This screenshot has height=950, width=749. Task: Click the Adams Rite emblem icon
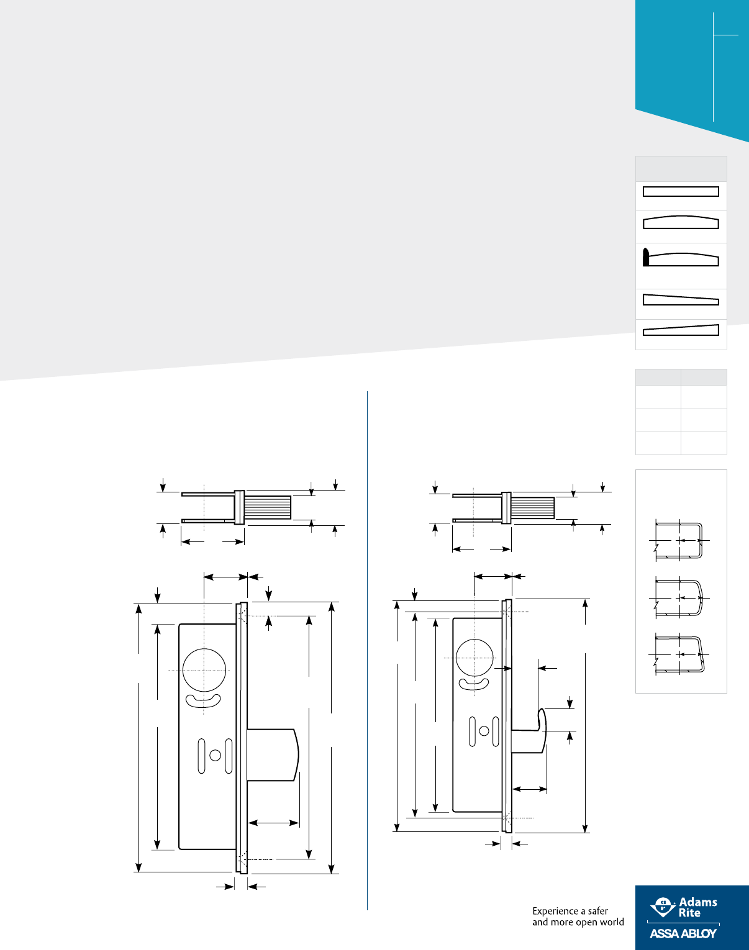click(663, 907)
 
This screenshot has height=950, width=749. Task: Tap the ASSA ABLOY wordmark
click(683, 933)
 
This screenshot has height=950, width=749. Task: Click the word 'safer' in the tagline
click(597, 911)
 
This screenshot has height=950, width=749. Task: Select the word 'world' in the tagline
click(612, 922)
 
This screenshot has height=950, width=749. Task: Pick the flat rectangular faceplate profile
click(681, 191)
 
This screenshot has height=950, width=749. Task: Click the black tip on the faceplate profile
click(646, 257)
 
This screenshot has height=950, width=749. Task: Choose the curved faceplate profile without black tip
click(681, 222)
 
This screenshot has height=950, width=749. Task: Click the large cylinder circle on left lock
click(204, 670)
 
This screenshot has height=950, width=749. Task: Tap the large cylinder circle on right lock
click(475, 658)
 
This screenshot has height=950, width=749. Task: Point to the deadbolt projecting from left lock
click(273, 754)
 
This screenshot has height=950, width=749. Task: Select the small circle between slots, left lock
click(215, 755)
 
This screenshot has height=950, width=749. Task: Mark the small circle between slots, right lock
click(484, 731)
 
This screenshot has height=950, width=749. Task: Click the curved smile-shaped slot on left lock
click(204, 701)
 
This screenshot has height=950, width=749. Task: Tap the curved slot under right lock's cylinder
click(474, 684)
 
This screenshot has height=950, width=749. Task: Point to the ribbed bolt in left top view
click(268, 507)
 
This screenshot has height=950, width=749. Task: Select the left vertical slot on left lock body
click(201, 756)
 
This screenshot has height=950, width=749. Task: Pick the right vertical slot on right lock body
click(496, 731)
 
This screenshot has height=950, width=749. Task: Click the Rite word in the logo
click(689, 913)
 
